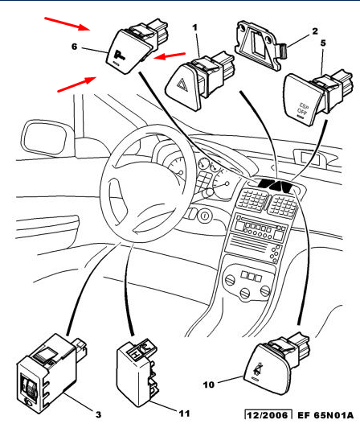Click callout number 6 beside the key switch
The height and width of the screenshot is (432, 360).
pos(74,47)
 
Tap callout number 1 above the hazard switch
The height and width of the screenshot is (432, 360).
pos(194,27)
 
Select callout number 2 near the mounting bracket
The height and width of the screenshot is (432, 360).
pos(315,31)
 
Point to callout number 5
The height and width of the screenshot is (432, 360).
pos(323,43)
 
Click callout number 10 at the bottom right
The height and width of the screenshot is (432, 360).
pos(209,385)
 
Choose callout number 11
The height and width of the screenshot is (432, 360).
pos(184,413)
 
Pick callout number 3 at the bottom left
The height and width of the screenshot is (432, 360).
pos(98,414)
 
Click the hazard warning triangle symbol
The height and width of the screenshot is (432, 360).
pos(182,84)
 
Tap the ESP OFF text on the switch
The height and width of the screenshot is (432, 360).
pos(303,109)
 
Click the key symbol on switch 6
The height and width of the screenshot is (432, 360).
pos(120,56)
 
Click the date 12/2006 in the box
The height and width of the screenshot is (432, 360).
pos(268,415)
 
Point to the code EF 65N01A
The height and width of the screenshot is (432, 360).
pos(325,415)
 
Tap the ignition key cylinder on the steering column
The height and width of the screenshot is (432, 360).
pos(204,216)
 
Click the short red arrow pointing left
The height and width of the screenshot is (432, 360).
pos(170,56)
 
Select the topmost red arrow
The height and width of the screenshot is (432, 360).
pos(67,23)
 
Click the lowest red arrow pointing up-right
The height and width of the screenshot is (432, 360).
pos(76,84)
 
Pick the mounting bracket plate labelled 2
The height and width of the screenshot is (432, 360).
pos(258,44)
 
